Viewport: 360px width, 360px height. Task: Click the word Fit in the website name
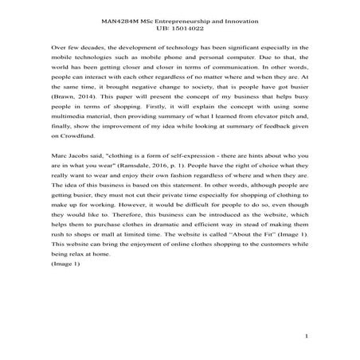pos(276,264)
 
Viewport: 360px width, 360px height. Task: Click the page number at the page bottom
pos(307,337)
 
